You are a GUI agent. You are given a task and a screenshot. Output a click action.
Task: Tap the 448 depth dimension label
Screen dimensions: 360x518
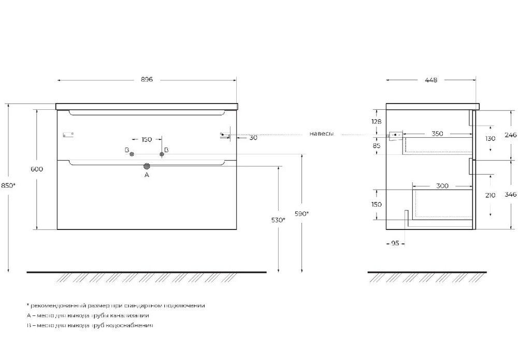click(431, 80)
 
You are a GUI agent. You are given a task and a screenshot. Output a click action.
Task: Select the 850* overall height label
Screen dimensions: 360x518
click(9, 185)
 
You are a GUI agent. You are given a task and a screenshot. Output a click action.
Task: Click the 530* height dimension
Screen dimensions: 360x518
click(278, 220)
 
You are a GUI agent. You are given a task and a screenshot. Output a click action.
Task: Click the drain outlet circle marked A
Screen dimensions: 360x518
click(147, 166)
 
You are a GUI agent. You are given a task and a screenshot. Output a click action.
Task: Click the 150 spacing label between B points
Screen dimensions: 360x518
click(147, 139)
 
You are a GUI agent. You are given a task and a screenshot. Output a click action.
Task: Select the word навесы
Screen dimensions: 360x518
click(322, 134)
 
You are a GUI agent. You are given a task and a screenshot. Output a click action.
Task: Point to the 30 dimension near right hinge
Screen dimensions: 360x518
click(253, 138)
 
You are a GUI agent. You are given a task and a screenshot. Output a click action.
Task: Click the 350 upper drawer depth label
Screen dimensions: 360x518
click(437, 134)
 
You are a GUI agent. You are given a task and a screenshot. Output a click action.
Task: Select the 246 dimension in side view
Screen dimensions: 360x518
click(510, 135)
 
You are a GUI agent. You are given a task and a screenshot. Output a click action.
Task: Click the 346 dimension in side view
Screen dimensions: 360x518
click(510, 195)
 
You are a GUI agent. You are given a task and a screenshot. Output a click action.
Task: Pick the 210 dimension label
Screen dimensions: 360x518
click(490, 195)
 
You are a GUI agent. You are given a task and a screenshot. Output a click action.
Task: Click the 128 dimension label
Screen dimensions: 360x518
click(377, 121)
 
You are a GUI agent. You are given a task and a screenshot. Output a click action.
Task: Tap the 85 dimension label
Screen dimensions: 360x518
click(377, 146)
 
